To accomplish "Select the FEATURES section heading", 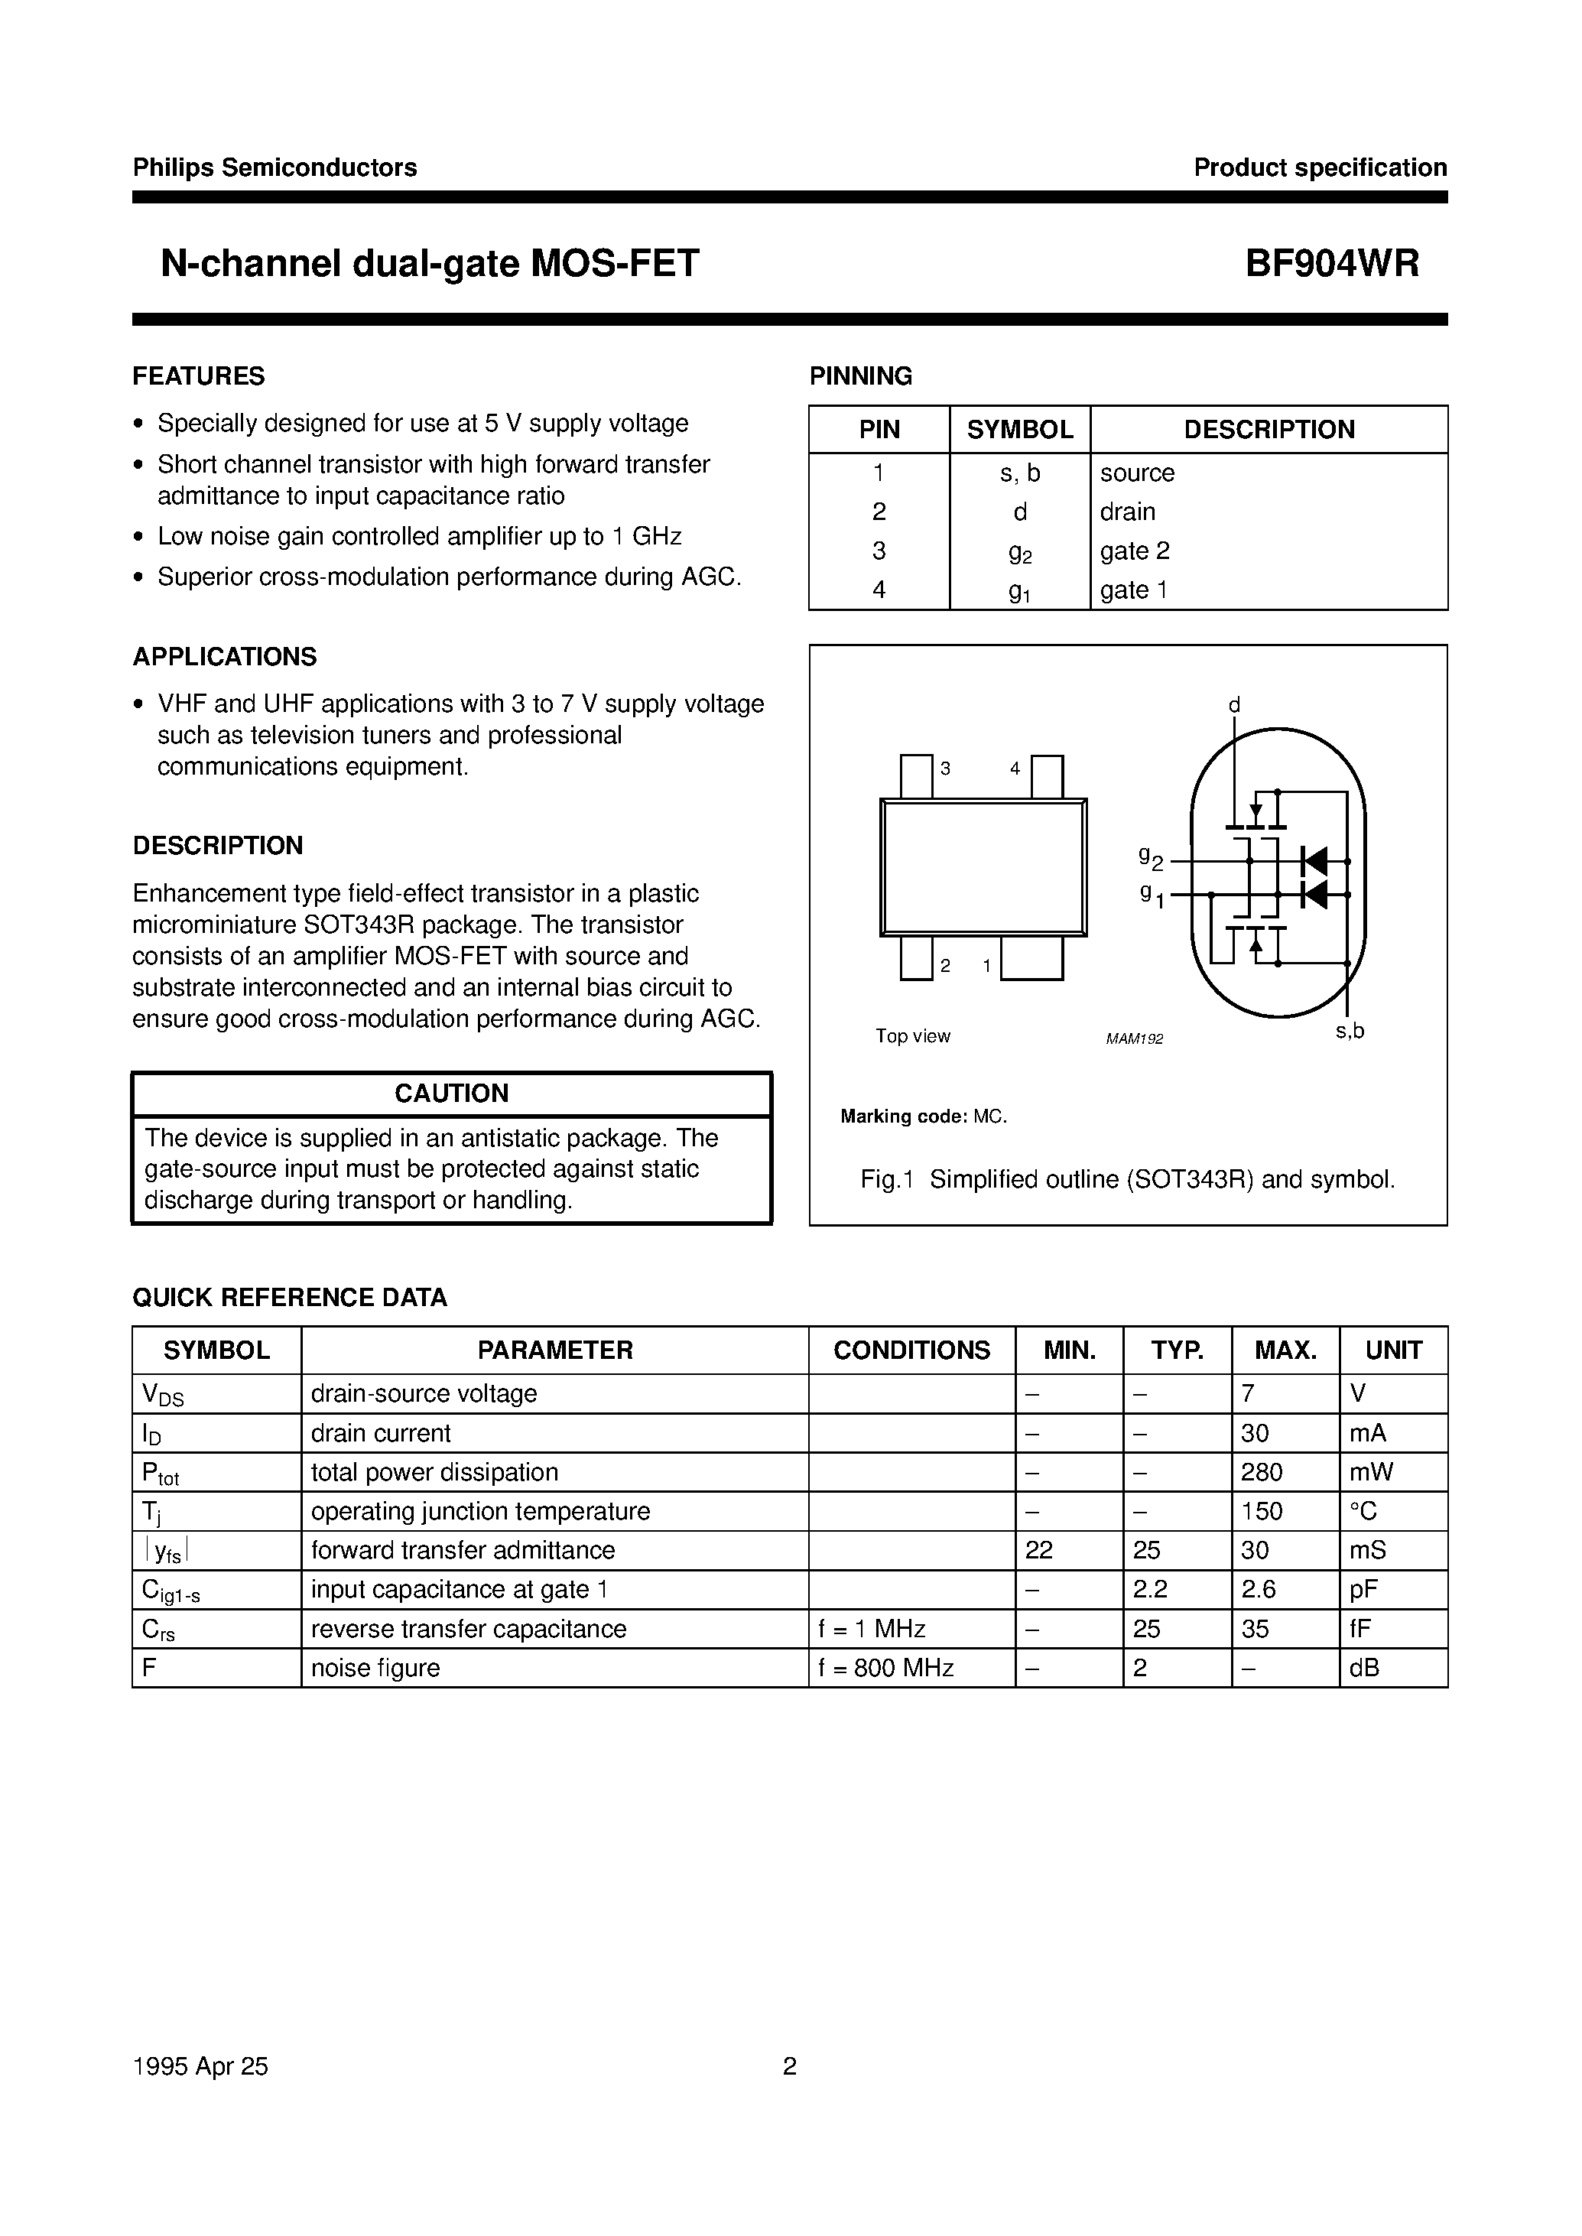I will [x=199, y=376].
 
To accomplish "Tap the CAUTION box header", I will [x=451, y=1094].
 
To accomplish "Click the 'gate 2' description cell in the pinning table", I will [x=1135, y=551].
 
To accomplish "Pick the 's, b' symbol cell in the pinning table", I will [x=1019, y=473].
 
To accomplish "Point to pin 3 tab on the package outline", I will [x=916, y=776].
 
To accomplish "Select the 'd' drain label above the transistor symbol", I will [x=1233, y=704].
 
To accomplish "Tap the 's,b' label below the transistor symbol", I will [x=1350, y=1031].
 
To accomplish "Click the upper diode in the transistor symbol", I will [x=1315, y=861].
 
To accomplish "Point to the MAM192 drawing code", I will [x=1134, y=1039].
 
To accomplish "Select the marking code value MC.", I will [x=989, y=1116].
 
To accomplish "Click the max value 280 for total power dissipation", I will [x=1262, y=1472].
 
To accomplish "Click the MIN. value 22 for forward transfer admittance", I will [x=1038, y=1550].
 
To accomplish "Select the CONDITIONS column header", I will [x=911, y=1350].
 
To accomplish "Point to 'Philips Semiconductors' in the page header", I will [x=274, y=167].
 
